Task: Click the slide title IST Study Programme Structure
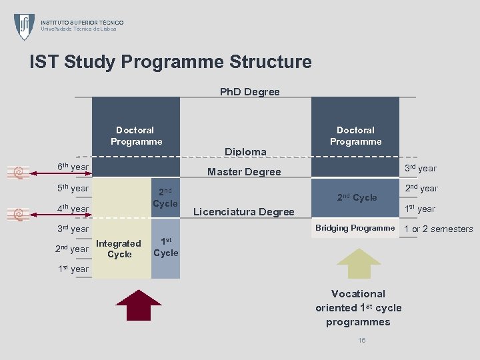pyautogui.click(x=171, y=63)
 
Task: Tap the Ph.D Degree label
pyautogui.click(x=250, y=92)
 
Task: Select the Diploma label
pyautogui.click(x=245, y=152)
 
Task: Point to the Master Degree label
pyautogui.click(x=244, y=172)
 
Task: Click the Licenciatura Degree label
pyautogui.click(x=243, y=212)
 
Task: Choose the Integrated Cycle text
pyautogui.click(x=119, y=249)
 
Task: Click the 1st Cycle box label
pyautogui.click(x=165, y=247)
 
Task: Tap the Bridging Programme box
pyautogui.click(x=355, y=228)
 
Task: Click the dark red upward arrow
pyautogui.click(x=139, y=306)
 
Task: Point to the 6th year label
pyautogui.click(x=73, y=167)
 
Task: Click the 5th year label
pyautogui.click(x=73, y=189)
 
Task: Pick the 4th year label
pyautogui.click(x=73, y=209)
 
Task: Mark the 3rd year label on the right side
pyautogui.click(x=421, y=168)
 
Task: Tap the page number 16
pyautogui.click(x=362, y=341)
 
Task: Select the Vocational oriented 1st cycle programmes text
pyautogui.click(x=359, y=308)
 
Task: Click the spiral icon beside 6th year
pyautogui.click(x=19, y=173)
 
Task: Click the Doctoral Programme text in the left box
pyautogui.click(x=136, y=136)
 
